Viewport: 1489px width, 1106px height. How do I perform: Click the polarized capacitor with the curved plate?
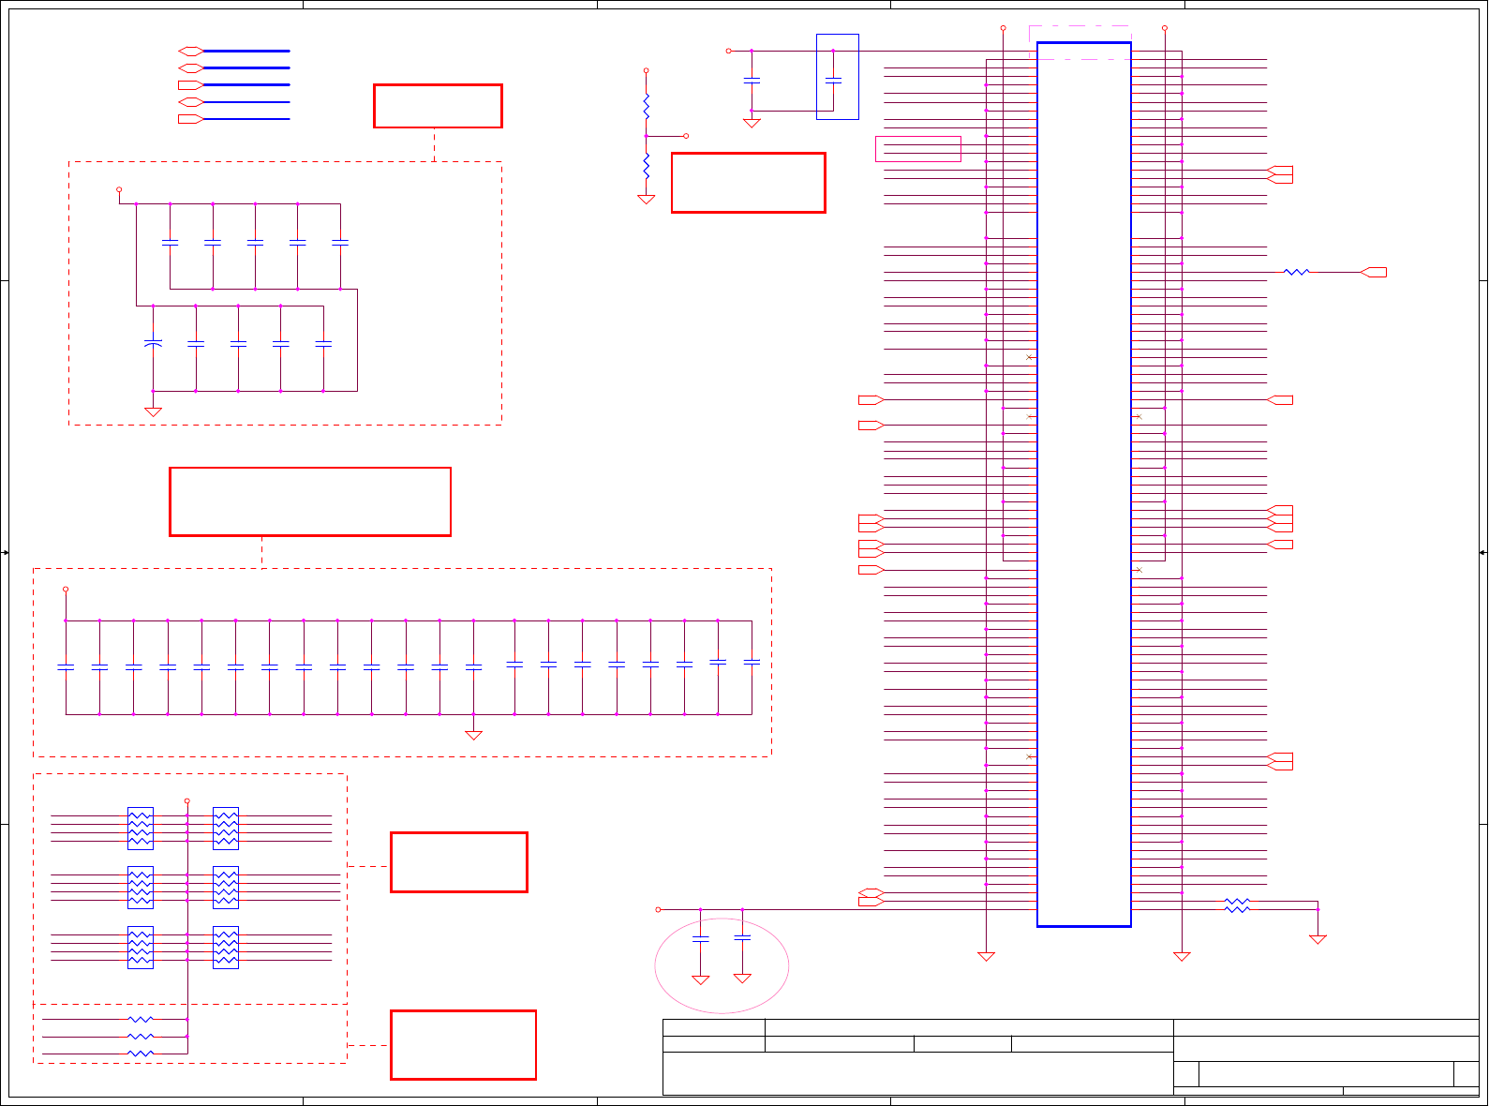153,344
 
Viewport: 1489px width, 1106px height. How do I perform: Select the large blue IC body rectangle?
1083,484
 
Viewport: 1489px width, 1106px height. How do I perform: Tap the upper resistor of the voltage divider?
646,106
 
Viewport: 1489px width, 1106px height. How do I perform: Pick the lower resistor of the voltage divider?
646,167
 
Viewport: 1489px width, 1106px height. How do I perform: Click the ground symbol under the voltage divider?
646,199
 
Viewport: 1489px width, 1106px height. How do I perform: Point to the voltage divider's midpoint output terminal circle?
686,136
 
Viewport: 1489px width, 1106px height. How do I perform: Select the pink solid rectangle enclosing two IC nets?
917,149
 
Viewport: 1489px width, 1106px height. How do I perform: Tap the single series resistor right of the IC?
1296,272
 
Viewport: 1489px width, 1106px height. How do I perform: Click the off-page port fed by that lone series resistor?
1374,272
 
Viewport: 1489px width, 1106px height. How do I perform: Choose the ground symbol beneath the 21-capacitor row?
473,735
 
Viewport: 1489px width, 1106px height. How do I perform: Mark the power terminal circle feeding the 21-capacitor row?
66,589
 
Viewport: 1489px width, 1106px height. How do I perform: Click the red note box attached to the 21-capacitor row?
309,501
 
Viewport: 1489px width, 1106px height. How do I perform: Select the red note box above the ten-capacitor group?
438,106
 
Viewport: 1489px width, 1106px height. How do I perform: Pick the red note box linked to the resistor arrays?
458,861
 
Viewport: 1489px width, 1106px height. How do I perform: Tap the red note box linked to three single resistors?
463,1044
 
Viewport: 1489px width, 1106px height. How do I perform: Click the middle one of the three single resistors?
141,1036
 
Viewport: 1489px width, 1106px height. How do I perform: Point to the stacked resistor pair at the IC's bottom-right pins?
1237,905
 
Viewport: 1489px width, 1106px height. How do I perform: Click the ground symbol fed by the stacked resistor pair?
1318,938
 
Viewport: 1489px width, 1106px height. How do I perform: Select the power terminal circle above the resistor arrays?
186,800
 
